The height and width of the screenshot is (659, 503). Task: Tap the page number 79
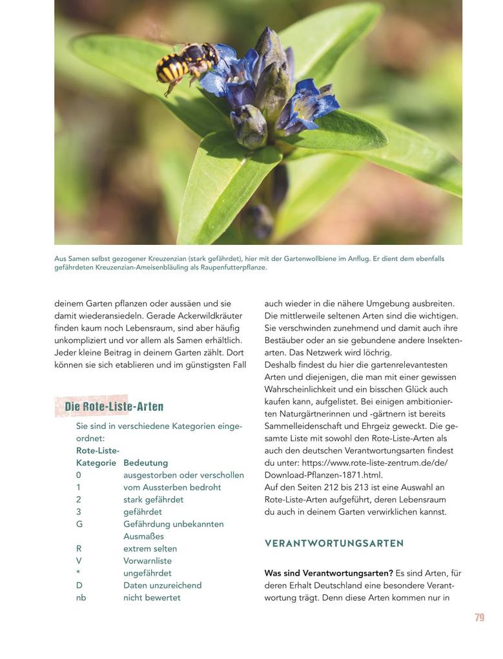[479, 618]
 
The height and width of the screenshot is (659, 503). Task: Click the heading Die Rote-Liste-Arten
[114, 406]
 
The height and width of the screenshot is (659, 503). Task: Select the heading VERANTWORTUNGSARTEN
[334, 543]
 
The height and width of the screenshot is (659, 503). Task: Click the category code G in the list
[79, 524]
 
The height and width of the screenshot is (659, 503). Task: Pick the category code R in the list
[79, 549]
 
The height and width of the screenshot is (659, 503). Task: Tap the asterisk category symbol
[78, 573]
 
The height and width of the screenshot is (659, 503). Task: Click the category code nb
[81, 598]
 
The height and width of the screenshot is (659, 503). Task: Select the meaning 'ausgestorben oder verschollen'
[183, 475]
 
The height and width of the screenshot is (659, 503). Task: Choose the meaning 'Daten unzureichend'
[162, 585]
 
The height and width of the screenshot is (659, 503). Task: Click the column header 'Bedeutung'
[145, 463]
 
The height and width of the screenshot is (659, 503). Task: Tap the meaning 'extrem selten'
[150, 549]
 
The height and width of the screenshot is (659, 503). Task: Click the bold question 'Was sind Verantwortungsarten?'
[328, 573]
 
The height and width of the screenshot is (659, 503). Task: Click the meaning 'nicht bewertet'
[152, 598]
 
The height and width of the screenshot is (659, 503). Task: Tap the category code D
[79, 585]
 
